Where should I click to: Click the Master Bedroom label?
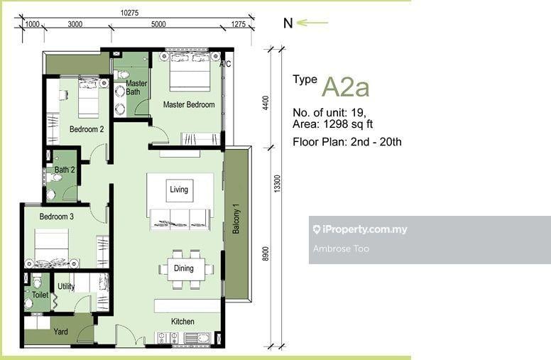[189, 104]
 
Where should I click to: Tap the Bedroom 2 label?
[87, 129]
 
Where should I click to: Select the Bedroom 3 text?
[56, 217]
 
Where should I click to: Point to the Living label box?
[179, 190]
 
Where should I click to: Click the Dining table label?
[183, 268]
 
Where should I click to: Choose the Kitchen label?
[182, 322]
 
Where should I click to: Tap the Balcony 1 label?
[236, 219]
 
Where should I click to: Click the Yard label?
[60, 331]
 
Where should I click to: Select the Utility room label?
[66, 287]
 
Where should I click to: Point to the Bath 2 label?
[65, 170]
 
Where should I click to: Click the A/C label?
[225, 64]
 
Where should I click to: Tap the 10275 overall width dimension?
[130, 13]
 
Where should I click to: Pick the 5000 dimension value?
[158, 24]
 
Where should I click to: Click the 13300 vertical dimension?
[277, 183]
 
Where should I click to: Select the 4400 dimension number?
[266, 103]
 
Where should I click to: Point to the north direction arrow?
[312, 23]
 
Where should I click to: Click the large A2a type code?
[346, 87]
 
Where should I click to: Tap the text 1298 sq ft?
[348, 124]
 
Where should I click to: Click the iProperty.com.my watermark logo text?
[360, 229]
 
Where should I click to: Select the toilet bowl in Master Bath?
[122, 75]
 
